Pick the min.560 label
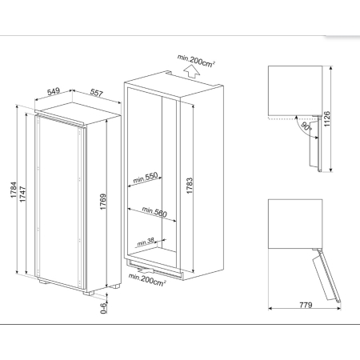coord(154,212)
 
